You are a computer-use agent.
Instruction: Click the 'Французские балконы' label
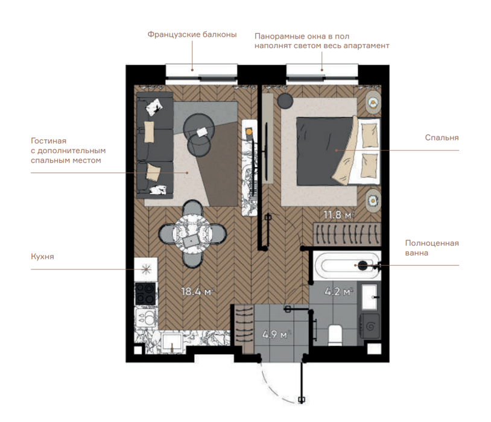pos(192,34)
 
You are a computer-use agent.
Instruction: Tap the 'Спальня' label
pos(442,137)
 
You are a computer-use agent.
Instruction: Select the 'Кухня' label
pos(42,257)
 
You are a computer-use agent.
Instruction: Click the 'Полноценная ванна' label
pos(432,248)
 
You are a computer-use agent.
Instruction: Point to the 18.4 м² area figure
pos(198,292)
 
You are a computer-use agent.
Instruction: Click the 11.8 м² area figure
pos(339,215)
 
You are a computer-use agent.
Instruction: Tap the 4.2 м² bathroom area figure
pos(339,292)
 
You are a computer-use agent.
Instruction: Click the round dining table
pos(192,233)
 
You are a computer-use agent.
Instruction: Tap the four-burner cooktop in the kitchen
pos(145,294)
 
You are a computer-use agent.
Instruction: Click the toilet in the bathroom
pos(335,336)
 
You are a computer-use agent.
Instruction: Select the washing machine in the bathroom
pos(370,326)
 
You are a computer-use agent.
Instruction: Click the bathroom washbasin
pos(370,297)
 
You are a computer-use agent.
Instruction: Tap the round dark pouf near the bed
pos(285,101)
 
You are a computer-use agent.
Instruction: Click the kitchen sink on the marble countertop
pos(172,342)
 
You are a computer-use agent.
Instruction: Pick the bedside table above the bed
pos(373,103)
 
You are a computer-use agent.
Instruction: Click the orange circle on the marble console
pos(249,132)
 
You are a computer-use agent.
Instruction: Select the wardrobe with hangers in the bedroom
pos(347,234)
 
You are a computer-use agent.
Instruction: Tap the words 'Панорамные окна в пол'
pos(302,36)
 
